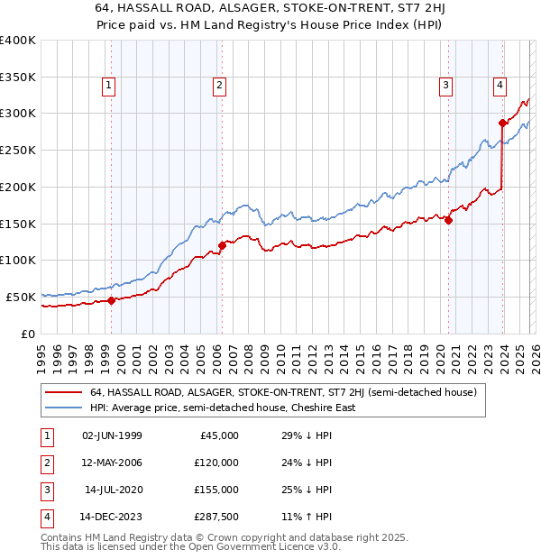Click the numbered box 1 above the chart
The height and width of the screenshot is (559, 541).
108,86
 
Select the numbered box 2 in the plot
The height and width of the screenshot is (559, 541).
219,86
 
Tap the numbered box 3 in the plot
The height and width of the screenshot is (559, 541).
445,86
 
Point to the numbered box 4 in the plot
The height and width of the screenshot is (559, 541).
500,86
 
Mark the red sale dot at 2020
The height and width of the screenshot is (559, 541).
448,220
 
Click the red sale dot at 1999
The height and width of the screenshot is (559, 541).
111,300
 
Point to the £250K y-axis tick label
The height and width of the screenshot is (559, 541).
18,150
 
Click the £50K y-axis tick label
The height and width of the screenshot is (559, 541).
21,296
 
